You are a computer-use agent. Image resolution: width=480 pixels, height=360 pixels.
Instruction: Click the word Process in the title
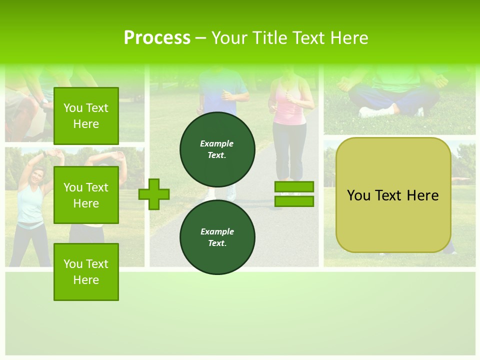click(157, 38)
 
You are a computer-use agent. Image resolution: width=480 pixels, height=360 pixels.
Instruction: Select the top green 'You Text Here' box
click(86, 116)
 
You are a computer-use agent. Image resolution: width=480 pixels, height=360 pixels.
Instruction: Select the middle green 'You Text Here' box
click(86, 195)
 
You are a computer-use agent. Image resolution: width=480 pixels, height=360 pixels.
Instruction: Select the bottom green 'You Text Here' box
click(86, 271)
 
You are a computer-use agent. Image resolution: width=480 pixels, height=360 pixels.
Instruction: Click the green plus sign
click(154, 194)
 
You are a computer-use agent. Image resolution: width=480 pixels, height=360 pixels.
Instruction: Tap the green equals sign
click(294, 194)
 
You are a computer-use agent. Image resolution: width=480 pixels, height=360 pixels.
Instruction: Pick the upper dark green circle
click(217, 149)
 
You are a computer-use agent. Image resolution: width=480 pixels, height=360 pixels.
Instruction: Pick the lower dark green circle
click(217, 237)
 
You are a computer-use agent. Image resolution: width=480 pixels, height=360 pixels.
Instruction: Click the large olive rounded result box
click(393, 195)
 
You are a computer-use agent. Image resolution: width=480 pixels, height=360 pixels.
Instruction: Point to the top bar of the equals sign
click(294, 187)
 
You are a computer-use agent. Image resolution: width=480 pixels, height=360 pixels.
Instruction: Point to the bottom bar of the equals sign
click(294, 201)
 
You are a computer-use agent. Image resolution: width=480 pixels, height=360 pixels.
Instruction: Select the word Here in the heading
click(347, 38)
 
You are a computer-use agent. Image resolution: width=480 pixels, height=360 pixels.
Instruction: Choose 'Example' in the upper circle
click(217, 143)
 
